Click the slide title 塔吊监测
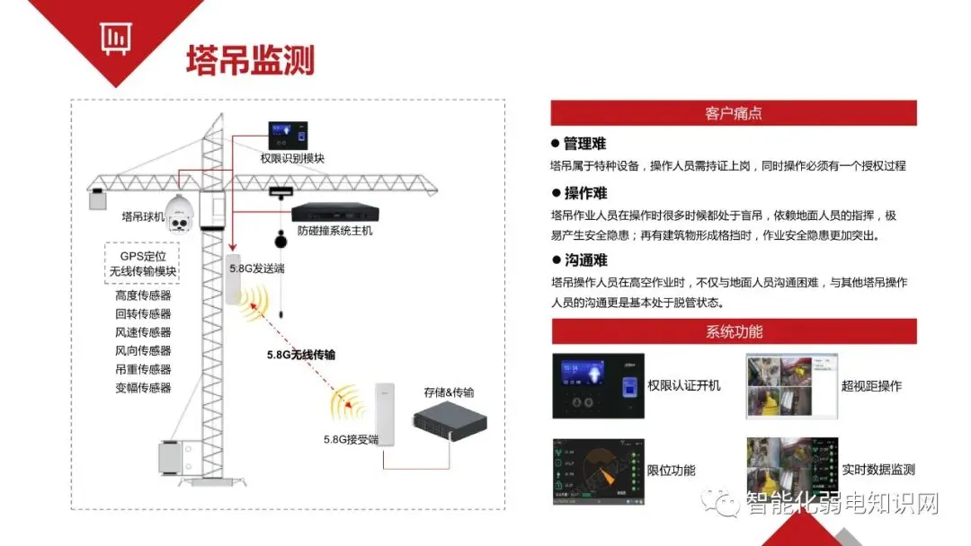tap(250, 59)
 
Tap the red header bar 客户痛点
tap(734, 113)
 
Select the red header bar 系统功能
tap(734, 331)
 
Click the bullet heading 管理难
tap(584, 144)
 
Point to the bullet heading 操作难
tap(584, 193)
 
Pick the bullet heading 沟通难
tap(584, 260)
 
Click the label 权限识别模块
tap(292, 158)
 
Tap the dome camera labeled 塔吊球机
tap(180, 213)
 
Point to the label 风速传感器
tap(143, 332)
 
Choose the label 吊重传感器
tap(143, 369)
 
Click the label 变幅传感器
tap(143, 388)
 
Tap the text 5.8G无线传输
tap(300, 355)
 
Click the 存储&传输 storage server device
tap(450, 429)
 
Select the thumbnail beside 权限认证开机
tap(598, 386)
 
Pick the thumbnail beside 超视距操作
tap(791, 386)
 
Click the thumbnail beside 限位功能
tap(598, 471)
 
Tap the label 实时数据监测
tap(878, 470)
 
